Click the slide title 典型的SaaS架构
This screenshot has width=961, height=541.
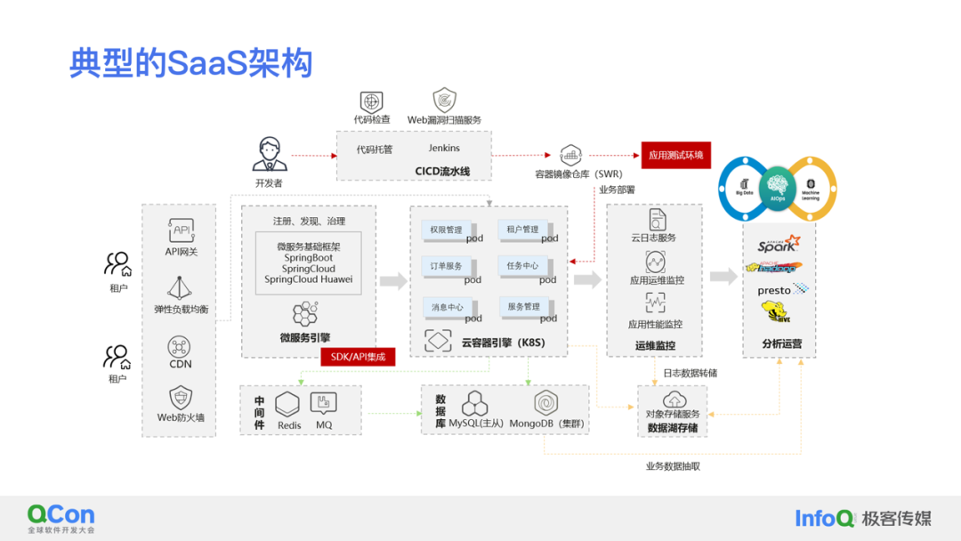tap(191, 63)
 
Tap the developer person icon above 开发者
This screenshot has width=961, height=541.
tap(269, 154)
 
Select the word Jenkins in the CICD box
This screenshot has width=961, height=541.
tap(444, 149)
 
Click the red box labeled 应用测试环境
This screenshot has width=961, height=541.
tap(675, 155)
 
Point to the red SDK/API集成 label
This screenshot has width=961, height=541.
tap(358, 357)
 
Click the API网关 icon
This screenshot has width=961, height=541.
tap(182, 231)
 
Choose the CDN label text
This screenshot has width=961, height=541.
tap(181, 364)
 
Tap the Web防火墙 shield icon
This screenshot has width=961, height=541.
tap(181, 397)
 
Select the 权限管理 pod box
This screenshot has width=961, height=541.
tap(446, 230)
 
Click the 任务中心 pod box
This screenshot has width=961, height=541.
tap(522, 266)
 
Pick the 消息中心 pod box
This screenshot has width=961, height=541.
tap(447, 307)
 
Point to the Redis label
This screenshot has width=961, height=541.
tap(289, 425)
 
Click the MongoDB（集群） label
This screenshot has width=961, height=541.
tap(546, 424)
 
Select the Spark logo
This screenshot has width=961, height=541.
tap(778, 244)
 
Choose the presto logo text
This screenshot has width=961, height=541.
tap(774, 290)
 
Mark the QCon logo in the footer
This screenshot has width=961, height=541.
tap(61, 515)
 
